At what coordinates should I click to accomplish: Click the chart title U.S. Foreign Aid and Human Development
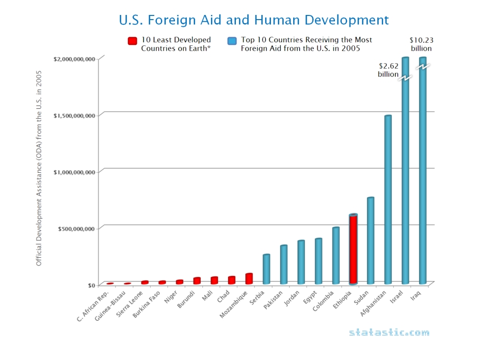[253, 20]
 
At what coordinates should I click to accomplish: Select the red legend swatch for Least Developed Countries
[133, 41]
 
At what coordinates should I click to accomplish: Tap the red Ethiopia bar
[353, 250]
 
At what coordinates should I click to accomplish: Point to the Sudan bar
[371, 241]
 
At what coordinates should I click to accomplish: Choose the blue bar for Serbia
[266, 269]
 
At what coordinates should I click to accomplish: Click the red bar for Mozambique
[249, 279]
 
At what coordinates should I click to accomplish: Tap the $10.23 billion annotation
[421, 44]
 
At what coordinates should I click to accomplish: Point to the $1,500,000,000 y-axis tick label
[74, 116]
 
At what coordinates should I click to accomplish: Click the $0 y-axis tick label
[91, 285]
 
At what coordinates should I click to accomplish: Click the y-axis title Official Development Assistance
[39, 169]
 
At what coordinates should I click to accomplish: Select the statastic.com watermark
[389, 333]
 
